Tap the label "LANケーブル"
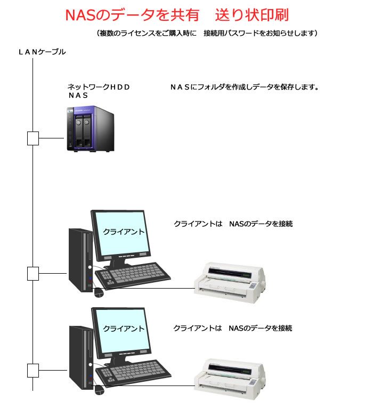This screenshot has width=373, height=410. [42, 52]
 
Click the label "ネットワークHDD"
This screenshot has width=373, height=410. [99, 86]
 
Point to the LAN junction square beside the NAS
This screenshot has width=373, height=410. [33, 138]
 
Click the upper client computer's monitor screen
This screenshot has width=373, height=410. [119, 232]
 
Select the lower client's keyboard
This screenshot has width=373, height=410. [135, 373]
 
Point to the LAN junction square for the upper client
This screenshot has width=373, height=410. [33, 274]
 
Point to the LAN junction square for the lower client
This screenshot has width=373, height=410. [33, 369]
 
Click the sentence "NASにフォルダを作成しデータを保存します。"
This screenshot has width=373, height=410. [244, 86]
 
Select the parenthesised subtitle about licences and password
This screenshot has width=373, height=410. [207, 34]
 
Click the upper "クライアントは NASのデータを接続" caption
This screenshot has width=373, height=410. [233, 224]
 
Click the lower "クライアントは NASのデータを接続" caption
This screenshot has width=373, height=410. [233, 328]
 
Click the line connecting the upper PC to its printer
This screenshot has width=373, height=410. [155, 289]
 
